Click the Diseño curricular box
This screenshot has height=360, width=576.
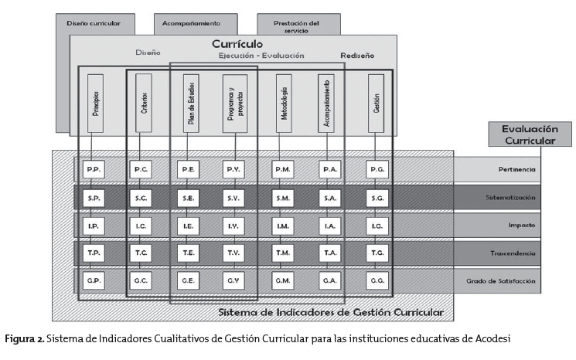94,23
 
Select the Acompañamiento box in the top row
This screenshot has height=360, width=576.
191,23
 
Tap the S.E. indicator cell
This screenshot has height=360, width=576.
189,199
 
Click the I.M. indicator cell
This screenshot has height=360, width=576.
283,226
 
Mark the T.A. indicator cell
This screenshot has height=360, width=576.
329,253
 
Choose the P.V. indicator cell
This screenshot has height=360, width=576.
233,170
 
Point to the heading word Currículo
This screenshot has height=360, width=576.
237,44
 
